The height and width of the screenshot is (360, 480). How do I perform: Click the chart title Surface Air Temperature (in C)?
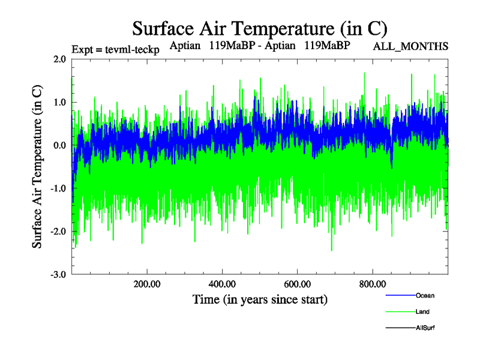click(x=260, y=28)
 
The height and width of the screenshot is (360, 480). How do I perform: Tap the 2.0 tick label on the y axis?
click(x=59, y=59)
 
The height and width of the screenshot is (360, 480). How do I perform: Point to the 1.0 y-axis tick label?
click(x=59, y=102)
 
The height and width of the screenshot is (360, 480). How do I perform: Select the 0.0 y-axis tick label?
click(x=59, y=145)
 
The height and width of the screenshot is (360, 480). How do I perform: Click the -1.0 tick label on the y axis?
click(x=58, y=188)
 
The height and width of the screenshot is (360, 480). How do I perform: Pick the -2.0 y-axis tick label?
click(x=58, y=232)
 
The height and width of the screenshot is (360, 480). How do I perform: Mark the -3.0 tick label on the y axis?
click(x=58, y=275)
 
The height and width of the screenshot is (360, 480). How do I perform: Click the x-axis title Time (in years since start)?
click(x=260, y=299)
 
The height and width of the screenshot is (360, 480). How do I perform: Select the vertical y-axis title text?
click(x=37, y=167)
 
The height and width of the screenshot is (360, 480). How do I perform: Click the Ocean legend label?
click(x=425, y=295)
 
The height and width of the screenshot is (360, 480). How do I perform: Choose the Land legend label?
click(x=422, y=312)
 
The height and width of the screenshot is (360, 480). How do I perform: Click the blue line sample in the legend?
click(x=399, y=295)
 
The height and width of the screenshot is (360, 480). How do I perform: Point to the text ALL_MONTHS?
click(x=410, y=46)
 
